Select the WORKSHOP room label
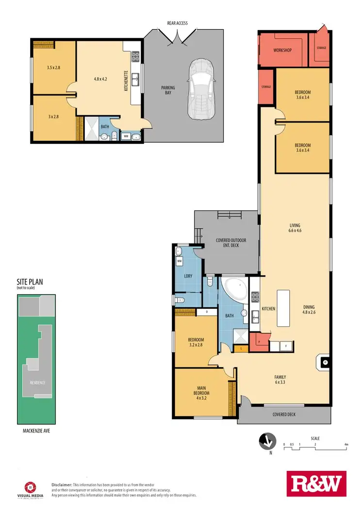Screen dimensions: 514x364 (281, 50)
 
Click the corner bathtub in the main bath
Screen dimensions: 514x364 (235, 288)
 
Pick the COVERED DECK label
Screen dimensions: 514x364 (284, 414)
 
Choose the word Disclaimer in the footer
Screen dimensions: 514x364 (62, 484)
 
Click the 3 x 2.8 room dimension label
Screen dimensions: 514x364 (53, 117)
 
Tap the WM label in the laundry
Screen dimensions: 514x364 (179, 261)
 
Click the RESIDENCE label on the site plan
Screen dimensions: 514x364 (37, 382)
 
